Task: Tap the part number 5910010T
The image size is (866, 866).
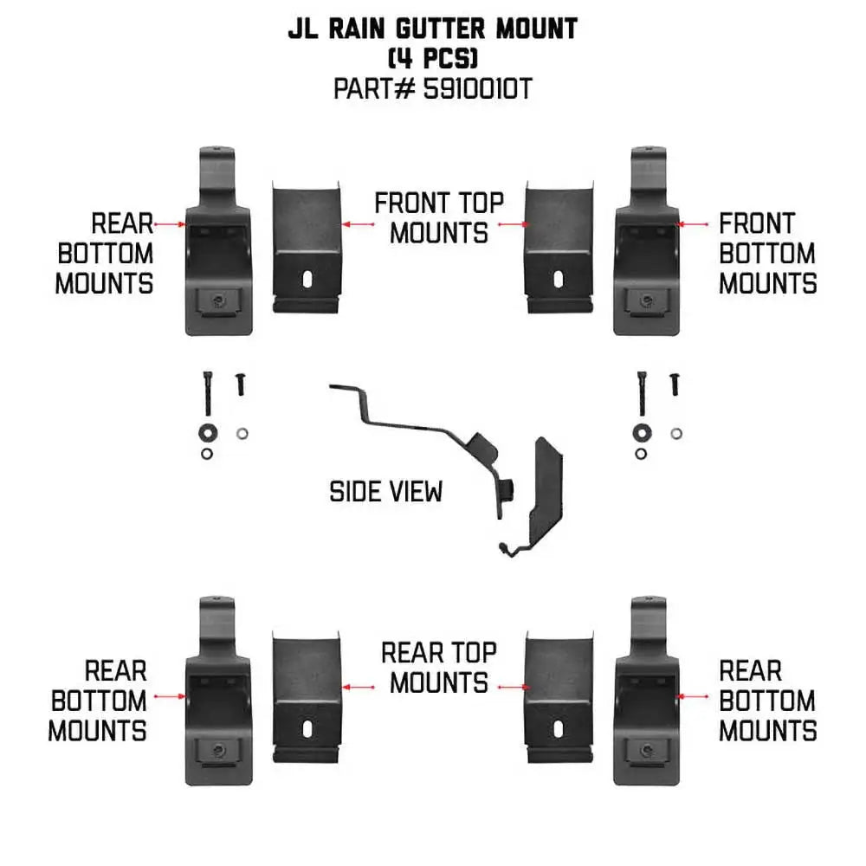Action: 476,89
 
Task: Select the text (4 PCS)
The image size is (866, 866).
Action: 433,60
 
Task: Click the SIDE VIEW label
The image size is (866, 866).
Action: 385,492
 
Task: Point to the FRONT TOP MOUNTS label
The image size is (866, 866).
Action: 438,218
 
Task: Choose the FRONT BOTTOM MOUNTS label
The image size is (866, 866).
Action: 767,254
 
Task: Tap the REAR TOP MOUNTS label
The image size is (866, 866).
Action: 438,668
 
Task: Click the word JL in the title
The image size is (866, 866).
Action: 303,30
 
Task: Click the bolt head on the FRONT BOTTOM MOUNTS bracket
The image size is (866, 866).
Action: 644,299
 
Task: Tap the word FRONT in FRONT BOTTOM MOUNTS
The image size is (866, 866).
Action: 756,223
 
